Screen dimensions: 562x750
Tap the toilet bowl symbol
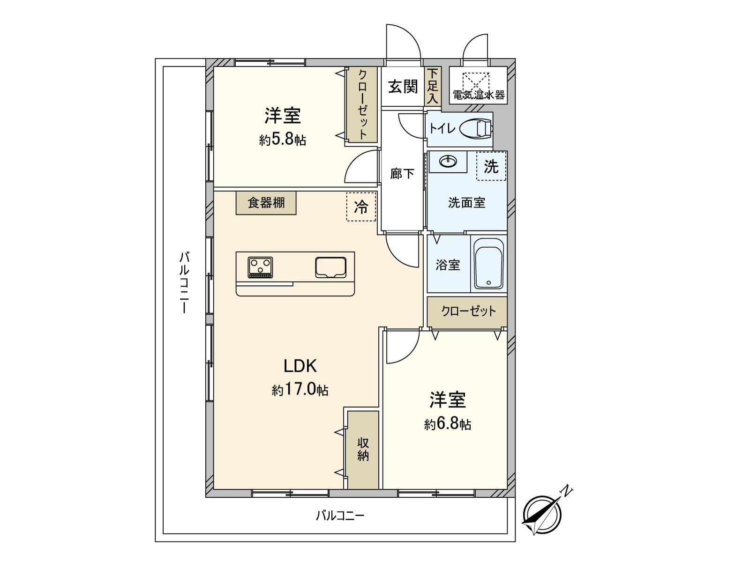point(476,128)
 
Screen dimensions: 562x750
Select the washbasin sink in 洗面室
point(448,162)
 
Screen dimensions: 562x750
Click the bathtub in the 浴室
point(488,265)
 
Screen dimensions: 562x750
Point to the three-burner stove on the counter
point(261,267)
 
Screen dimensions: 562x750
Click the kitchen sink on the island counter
point(330,267)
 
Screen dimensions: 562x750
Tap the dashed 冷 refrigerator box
point(361,207)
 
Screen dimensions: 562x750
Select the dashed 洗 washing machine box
point(491,166)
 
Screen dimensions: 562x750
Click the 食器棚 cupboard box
point(266,203)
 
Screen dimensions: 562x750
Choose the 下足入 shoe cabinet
point(432,86)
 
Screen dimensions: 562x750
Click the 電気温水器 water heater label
point(479,95)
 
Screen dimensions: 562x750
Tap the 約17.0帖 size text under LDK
point(300,390)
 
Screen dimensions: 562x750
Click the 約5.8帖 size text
point(283,140)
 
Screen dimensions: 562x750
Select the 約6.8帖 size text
point(448,424)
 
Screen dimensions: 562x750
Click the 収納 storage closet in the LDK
point(363,450)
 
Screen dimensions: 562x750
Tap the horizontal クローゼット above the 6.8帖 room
point(468,311)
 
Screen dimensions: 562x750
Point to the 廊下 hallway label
point(402,174)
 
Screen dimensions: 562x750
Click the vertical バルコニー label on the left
point(185,282)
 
